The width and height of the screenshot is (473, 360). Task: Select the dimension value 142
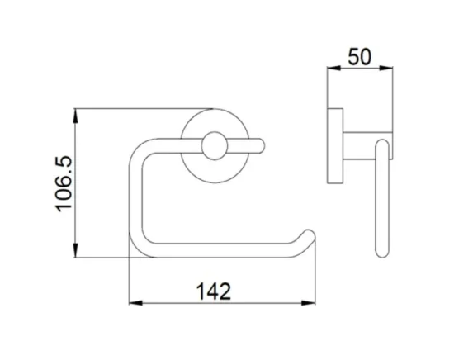[212, 291]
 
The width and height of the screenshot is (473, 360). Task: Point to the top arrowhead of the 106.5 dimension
[75, 113]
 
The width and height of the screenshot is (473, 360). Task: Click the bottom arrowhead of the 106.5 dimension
[75, 253]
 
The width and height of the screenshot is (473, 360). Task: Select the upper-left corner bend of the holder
[140, 149]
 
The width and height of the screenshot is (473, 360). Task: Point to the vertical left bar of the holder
[135, 198]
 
